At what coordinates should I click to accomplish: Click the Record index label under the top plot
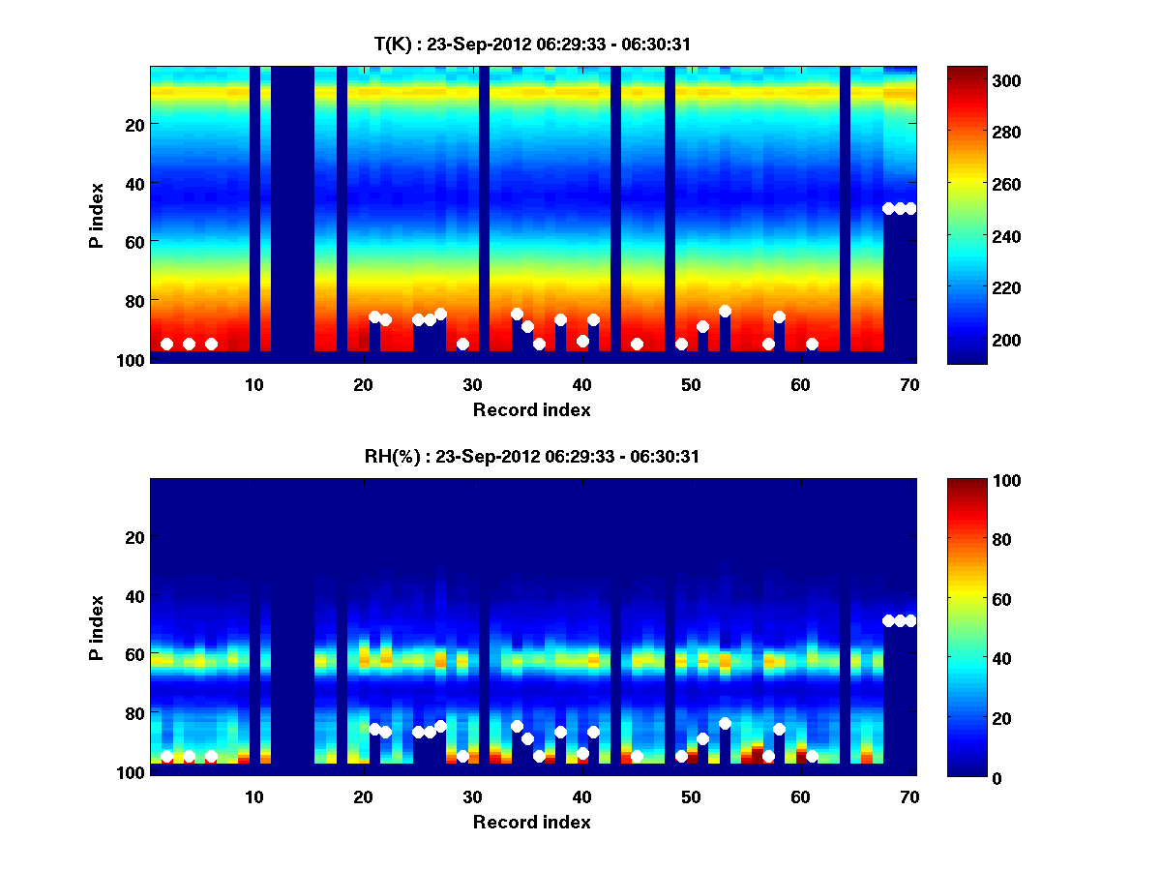pyautogui.click(x=531, y=409)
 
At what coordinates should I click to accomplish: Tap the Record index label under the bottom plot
pyautogui.click(x=531, y=822)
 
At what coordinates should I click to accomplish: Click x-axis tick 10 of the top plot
pyautogui.click(x=253, y=384)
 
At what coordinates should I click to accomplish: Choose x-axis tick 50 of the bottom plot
pyautogui.click(x=691, y=796)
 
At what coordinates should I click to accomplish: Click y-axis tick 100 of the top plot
pyautogui.click(x=132, y=359)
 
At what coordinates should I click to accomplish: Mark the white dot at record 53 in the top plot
pyautogui.click(x=725, y=312)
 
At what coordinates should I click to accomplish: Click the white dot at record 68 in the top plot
pyautogui.click(x=888, y=208)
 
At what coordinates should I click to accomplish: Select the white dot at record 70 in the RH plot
pyautogui.click(x=910, y=620)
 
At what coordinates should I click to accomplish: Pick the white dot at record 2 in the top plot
pyautogui.click(x=166, y=344)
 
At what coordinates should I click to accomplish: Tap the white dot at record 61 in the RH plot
pyautogui.click(x=812, y=756)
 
